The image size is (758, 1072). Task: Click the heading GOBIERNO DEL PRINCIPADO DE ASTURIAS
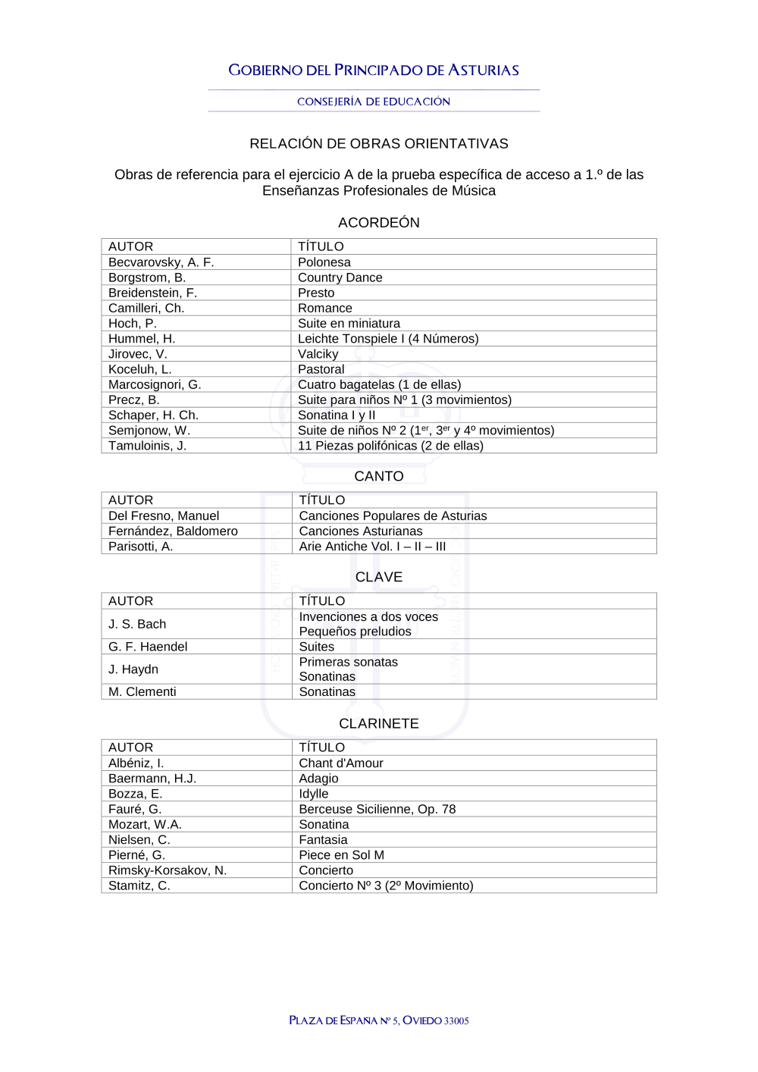(x=374, y=71)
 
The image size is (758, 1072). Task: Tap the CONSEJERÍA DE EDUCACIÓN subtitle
(x=374, y=102)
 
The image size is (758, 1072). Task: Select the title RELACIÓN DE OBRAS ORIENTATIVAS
(x=379, y=143)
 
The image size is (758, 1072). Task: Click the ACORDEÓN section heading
(x=379, y=222)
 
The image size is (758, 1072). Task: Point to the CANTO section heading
(x=379, y=476)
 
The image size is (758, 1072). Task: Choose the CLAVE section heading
(x=379, y=577)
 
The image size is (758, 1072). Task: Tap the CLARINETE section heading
(x=379, y=723)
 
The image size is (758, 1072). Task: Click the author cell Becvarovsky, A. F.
(x=161, y=262)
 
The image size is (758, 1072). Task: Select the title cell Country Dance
(x=340, y=277)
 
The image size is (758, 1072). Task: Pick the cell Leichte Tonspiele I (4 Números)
(x=388, y=339)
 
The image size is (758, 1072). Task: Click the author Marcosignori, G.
(x=155, y=384)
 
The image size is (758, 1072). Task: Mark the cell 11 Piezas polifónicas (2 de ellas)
(x=390, y=446)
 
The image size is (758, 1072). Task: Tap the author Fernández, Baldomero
(x=173, y=531)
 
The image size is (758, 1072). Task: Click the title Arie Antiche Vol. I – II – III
(x=372, y=547)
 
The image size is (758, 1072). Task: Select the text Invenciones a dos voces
(x=368, y=617)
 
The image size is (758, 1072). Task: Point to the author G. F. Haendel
(x=148, y=647)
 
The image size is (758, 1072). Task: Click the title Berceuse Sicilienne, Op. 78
(x=377, y=809)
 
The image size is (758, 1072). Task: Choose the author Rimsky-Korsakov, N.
(x=168, y=870)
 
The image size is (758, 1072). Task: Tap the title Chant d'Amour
(x=341, y=763)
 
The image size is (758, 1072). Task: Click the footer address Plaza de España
(x=379, y=1020)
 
